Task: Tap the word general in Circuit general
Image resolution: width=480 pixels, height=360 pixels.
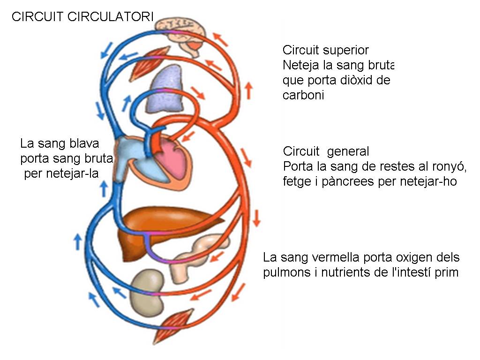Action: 348,151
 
